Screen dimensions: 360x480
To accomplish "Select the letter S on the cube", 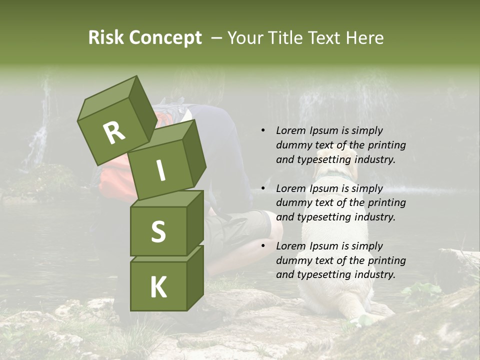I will click(158, 231).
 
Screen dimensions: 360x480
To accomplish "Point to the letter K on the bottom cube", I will click(158, 287).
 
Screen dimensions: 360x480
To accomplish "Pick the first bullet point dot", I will click(263, 130).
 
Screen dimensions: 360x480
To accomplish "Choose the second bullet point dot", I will click(263, 188).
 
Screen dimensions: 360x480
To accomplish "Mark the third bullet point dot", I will click(263, 246).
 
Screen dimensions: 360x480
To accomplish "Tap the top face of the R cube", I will click(107, 98).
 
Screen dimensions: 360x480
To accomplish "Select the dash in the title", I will click(217, 38).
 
